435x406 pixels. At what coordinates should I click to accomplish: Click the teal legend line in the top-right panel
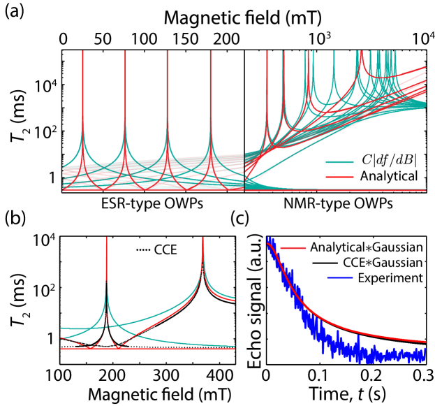pyautogui.click(x=339, y=162)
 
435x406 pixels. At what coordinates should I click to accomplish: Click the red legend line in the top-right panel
pyautogui.click(x=339, y=177)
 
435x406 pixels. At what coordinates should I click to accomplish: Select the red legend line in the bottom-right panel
pyautogui.click(x=293, y=248)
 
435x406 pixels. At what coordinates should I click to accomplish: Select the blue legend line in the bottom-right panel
pyautogui.click(x=339, y=278)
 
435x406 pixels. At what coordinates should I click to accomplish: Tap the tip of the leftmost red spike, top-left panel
pyautogui.click(x=82, y=52)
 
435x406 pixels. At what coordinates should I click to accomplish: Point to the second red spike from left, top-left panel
pyautogui.click(x=125, y=52)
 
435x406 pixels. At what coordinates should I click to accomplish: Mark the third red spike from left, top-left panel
pyautogui.click(x=167, y=52)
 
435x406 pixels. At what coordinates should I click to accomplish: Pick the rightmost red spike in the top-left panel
pyautogui.click(x=210, y=52)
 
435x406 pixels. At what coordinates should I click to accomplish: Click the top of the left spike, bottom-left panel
pyautogui.click(x=106, y=238)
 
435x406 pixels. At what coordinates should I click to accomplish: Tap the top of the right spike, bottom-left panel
pyautogui.click(x=203, y=238)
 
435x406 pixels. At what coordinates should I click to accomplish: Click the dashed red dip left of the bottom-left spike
pyautogui.click(x=91, y=347)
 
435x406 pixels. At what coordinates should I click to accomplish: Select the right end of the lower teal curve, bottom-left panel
pyautogui.click(x=234, y=346)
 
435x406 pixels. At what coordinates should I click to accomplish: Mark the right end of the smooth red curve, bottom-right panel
pyautogui.click(x=425, y=342)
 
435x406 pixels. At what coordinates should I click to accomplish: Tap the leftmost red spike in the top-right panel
pyautogui.click(x=267, y=52)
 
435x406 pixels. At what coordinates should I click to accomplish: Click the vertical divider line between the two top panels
pyautogui.click(x=244, y=171)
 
